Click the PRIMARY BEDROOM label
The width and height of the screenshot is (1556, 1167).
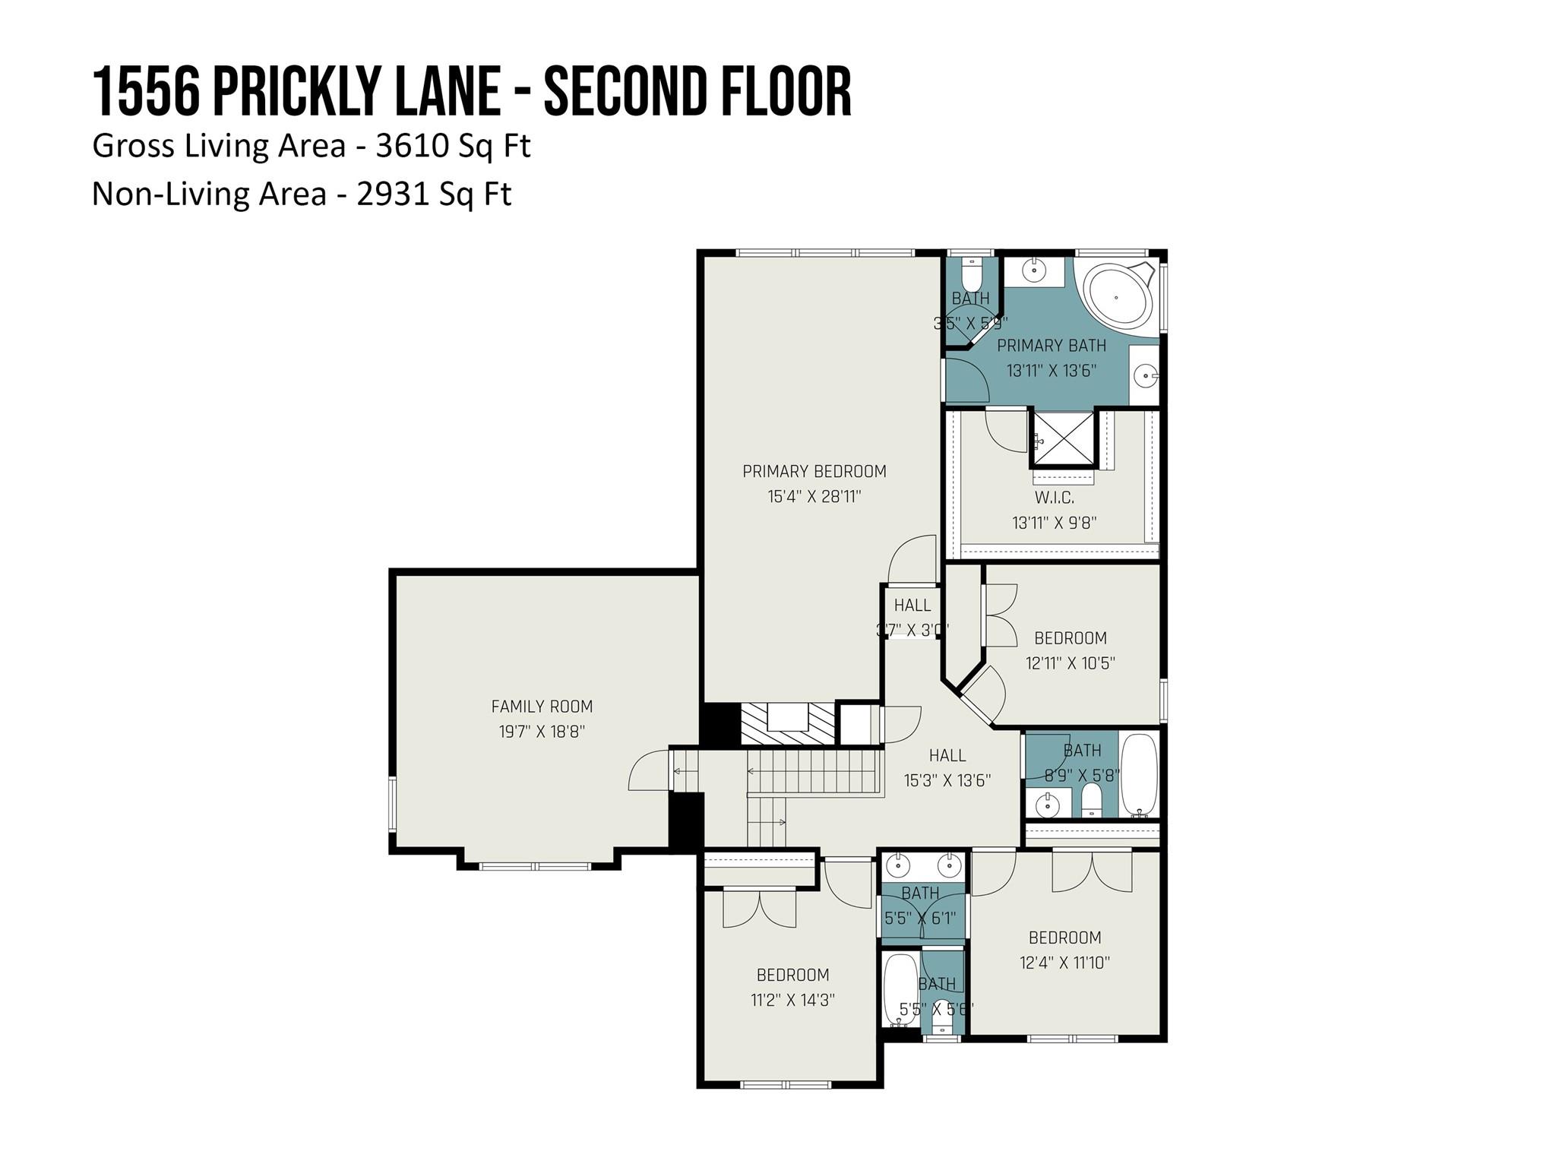click(x=814, y=471)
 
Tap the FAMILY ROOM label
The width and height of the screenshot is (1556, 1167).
click(x=542, y=707)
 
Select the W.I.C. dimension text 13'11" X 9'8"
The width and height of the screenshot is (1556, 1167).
click(x=1054, y=523)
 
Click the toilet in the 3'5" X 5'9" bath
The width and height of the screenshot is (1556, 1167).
click(x=972, y=271)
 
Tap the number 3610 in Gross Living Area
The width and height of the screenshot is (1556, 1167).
click(x=412, y=145)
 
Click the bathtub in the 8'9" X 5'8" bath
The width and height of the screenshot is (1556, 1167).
click(x=1139, y=773)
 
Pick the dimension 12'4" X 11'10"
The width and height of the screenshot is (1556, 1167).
click(x=1064, y=963)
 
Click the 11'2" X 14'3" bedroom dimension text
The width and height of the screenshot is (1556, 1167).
click(x=792, y=1000)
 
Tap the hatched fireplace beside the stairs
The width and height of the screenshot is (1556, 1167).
click(x=788, y=724)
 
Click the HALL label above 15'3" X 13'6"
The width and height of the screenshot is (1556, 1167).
click(x=947, y=755)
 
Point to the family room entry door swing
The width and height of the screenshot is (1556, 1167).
click(x=648, y=772)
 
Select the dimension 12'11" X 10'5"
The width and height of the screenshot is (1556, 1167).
click(x=1070, y=663)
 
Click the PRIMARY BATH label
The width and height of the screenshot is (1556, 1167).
click(x=1051, y=346)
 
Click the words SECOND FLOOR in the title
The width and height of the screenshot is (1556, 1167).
click(x=697, y=92)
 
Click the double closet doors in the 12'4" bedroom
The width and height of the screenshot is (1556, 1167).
click(x=1092, y=872)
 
